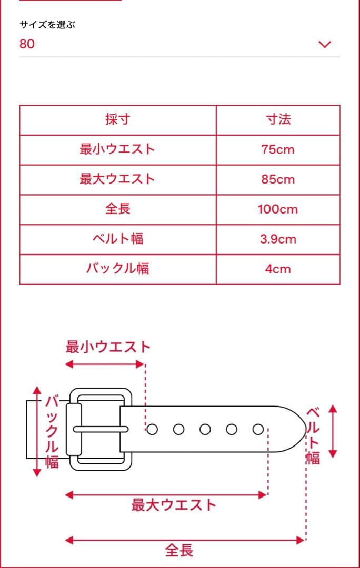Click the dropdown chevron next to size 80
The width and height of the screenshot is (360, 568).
click(325, 44)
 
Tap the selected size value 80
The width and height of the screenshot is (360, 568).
click(27, 44)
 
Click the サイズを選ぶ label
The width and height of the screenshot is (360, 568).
click(47, 25)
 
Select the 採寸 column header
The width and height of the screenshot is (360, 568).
click(117, 119)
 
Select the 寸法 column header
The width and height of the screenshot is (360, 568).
click(278, 119)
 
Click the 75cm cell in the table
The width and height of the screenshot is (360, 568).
click(278, 149)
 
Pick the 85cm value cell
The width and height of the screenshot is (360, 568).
click(278, 179)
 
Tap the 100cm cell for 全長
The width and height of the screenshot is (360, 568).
click(278, 209)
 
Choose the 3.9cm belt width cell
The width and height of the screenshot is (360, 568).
click(278, 239)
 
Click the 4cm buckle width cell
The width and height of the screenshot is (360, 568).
click(278, 269)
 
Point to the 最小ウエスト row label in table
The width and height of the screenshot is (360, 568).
click(117, 149)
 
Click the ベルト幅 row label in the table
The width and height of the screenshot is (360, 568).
click(117, 239)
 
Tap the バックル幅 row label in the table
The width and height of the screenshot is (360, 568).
click(117, 269)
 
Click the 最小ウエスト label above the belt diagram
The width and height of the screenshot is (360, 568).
click(108, 347)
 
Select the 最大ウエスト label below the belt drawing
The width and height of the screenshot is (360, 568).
click(174, 505)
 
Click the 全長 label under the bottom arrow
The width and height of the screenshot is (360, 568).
click(179, 551)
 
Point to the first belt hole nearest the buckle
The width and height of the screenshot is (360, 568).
click(152, 429)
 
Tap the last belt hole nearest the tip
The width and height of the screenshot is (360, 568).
click(258, 429)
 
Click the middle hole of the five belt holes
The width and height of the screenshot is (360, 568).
click(205, 429)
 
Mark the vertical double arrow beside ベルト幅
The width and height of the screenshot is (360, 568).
click(332, 431)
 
